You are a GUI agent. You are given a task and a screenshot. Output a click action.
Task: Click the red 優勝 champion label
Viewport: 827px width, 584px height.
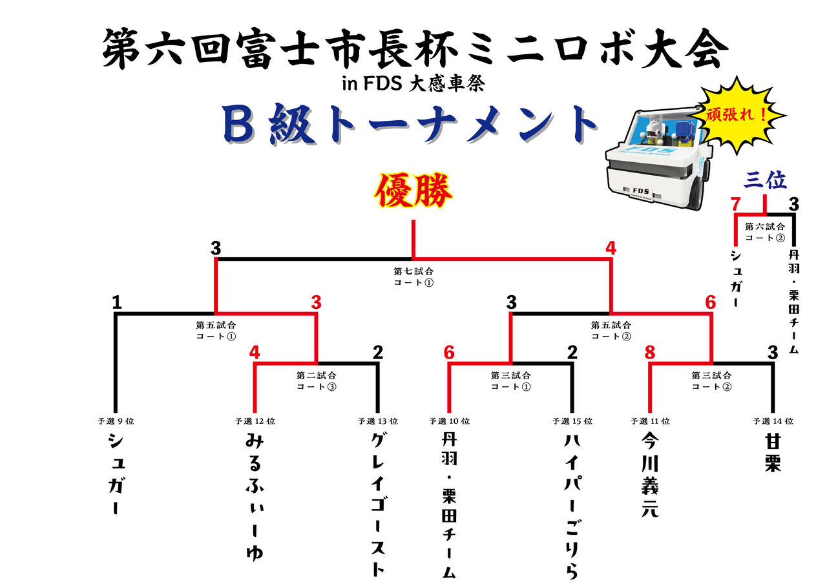click(x=413, y=190)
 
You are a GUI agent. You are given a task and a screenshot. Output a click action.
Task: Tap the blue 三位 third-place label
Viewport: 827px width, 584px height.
click(x=764, y=180)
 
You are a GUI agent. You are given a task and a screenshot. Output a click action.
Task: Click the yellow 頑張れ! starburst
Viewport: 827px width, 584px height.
click(x=738, y=115)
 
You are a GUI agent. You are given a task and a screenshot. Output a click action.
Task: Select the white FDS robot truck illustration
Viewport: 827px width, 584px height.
click(x=659, y=159)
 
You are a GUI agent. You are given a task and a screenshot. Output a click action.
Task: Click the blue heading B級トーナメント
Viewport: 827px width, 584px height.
click(x=410, y=124)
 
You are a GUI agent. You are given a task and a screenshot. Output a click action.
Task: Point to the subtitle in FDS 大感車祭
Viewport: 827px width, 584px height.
click(x=413, y=83)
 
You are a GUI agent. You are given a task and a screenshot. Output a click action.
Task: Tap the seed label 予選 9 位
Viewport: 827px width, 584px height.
click(x=116, y=421)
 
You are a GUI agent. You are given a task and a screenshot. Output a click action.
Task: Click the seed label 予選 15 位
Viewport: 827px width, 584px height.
click(x=572, y=421)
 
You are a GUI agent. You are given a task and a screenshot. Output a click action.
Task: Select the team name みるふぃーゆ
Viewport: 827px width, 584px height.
click(x=255, y=497)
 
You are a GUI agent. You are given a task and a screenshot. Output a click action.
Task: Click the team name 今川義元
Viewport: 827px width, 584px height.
click(x=650, y=475)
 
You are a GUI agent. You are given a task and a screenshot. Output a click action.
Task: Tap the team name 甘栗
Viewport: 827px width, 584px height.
click(x=772, y=453)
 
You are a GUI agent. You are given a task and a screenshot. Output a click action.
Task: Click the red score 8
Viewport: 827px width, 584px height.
click(x=650, y=353)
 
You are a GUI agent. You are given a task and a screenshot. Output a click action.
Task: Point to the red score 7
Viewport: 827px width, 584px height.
click(x=735, y=204)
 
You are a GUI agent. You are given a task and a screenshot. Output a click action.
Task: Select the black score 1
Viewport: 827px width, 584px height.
click(x=117, y=302)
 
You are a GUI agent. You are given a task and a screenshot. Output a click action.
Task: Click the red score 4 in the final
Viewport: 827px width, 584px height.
click(x=611, y=248)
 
